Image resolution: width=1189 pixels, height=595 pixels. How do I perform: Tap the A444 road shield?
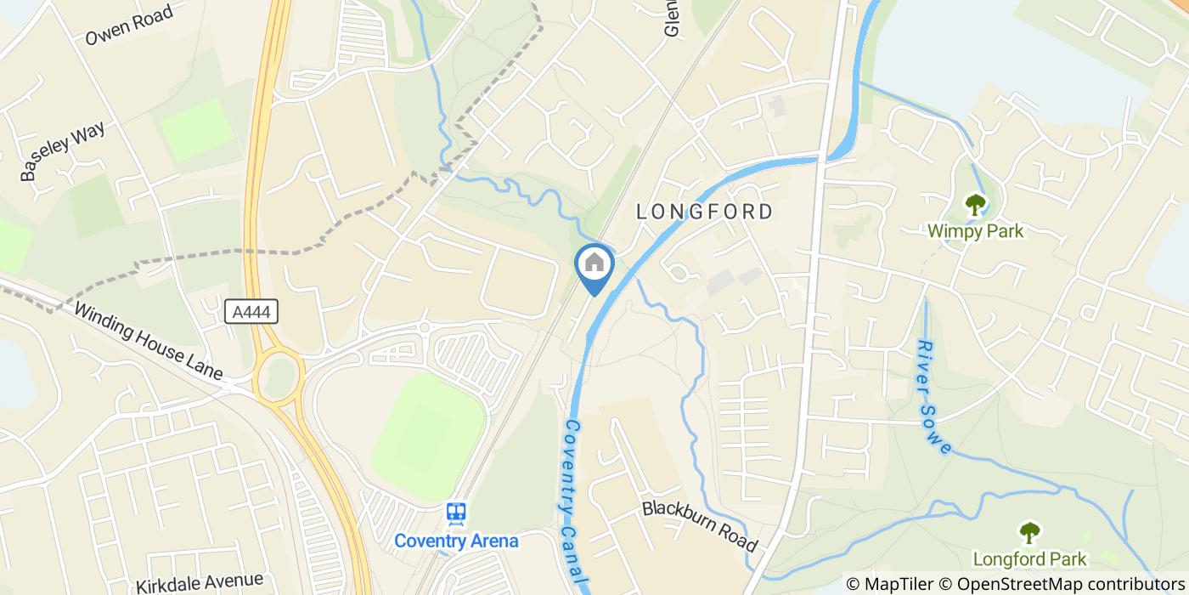pos(253,312)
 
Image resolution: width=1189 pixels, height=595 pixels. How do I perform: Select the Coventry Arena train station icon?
pos(456,513)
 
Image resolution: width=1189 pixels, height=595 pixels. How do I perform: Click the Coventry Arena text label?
pos(456,541)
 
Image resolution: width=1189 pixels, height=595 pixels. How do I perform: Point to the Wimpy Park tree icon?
pos(975,205)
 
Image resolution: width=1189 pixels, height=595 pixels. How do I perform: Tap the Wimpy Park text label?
pos(975,231)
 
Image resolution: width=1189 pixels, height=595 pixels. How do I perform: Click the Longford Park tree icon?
pos(1029,533)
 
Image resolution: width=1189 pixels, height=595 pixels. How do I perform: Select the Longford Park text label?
pos(1029,559)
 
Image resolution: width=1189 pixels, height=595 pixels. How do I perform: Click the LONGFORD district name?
pos(705,212)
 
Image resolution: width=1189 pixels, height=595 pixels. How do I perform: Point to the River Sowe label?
pos(934,397)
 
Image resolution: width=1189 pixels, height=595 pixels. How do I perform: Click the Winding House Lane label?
pos(148,342)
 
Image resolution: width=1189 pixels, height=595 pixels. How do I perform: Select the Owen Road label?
pos(129,25)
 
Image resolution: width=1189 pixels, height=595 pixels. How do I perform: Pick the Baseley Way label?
pos(64,151)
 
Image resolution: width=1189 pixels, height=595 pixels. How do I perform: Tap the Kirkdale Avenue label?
pos(199,582)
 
